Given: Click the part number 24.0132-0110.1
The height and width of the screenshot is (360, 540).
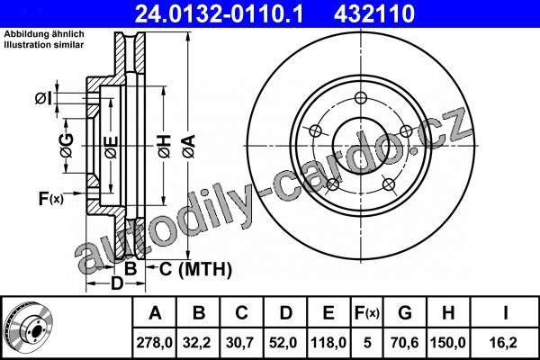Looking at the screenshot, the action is click(x=219, y=13).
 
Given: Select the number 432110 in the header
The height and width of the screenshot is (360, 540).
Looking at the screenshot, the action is click(x=374, y=13).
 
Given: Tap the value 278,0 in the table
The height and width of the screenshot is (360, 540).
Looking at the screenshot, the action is click(x=154, y=343).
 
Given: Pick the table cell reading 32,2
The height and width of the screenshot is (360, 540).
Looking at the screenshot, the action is click(x=197, y=343).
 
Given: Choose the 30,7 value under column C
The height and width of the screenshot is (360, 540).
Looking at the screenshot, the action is click(x=240, y=343).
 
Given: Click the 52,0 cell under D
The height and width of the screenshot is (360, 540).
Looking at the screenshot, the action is click(x=283, y=343).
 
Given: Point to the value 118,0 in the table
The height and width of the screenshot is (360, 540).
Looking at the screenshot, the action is click(x=328, y=343).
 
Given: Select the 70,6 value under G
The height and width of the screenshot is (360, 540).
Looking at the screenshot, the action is click(x=405, y=343).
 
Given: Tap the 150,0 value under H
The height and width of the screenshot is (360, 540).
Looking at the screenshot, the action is click(x=448, y=343).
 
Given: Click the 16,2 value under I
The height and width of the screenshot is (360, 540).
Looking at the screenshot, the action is click(x=505, y=343).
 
